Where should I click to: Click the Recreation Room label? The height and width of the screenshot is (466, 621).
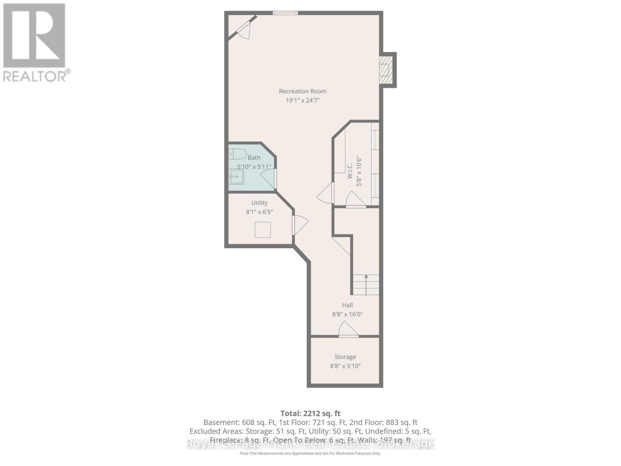(x=302, y=91)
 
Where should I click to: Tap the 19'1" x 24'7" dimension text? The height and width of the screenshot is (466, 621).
(x=302, y=101)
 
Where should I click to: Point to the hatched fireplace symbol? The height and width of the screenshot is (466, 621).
(x=384, y=70)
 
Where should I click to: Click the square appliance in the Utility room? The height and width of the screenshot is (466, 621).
(x=263, y=230)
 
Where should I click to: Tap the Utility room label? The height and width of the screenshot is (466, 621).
(x=259, y=203)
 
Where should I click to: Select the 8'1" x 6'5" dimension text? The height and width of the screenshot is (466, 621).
(x=259, y=212)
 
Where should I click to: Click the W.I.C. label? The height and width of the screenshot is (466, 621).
(x=350, y=171)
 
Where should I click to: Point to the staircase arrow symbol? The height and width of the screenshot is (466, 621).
(x=366, y=277)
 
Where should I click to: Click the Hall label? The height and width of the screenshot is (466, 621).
(x=347, y=305)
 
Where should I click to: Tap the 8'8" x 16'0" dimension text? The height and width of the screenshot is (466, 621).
(x=347, y=315)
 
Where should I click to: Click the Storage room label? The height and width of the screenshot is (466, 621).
(x=345, y=357)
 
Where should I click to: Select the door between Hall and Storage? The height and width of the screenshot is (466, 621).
(x=348, y=330)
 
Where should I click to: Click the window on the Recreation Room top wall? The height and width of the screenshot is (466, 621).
(x=285, y=13)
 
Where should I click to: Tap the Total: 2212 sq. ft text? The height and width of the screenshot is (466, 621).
(x=310, y=413)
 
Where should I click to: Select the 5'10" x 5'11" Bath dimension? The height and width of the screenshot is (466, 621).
(x=254, y=167)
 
